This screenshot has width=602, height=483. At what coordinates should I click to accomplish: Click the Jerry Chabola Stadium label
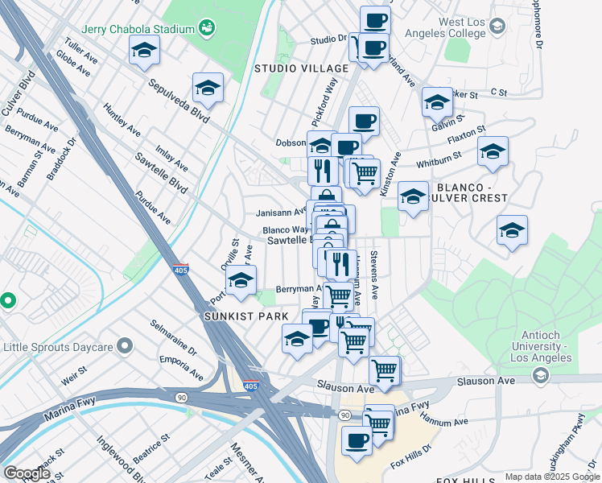(x=138, y=29)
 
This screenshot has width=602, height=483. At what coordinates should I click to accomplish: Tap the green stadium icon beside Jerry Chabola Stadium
(x=208, y=28)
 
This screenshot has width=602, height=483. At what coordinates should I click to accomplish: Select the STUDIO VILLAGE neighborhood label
(x=301, y=68)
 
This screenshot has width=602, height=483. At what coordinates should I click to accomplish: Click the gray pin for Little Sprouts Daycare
(x=124, y=346)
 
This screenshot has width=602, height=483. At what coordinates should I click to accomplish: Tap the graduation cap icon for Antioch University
(x=540, y=376)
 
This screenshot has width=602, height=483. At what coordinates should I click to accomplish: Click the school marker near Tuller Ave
(x=144, y=51)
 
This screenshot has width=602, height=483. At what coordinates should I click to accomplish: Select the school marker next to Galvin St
(x=437, y=102)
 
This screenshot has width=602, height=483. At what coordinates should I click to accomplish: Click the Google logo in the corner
(x=27, y=473)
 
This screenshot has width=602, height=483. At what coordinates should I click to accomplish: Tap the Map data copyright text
(x=551, y=477)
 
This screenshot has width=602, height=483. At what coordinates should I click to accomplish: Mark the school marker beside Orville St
(x=241, y=280)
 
